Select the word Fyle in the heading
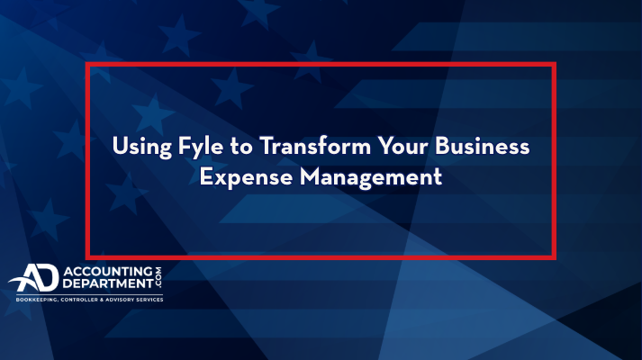[x=201, y=148]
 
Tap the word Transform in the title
[x=315, y=146]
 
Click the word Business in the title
[x=483, y=146]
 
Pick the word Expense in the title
[x=246, y=178]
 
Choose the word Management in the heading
[x=371, y=178]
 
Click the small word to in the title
[x=241, y=148]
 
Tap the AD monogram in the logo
[x=34, y=278]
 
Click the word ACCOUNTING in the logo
[x=108, y=272]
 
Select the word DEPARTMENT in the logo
[x=108, y=283]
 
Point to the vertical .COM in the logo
[x=158, y=277]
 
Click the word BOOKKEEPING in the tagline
[x=37, y=300]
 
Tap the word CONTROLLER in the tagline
[x=79, y=300]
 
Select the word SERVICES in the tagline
[x=149, y=300]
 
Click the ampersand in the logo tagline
[x=102, y=300]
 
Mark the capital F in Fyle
[x=185, y=146]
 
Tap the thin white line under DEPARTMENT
[x=90, y=294]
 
